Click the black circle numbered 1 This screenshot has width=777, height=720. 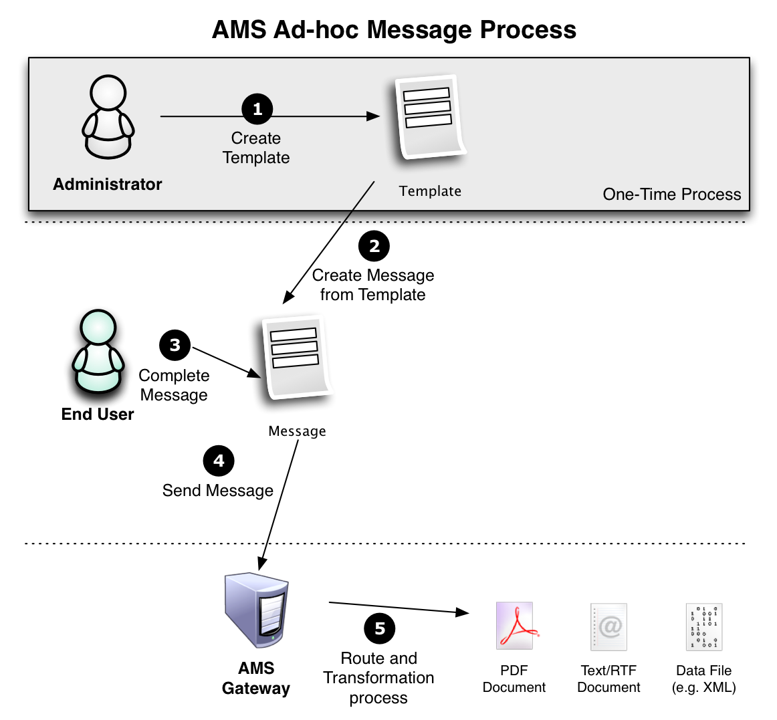coord(257,108)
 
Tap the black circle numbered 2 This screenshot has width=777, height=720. coord(374,246)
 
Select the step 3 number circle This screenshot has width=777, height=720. coord(175,345)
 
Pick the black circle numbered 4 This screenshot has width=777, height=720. coord(219,461)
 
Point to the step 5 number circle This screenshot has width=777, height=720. coord(380,628)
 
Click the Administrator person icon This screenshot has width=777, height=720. coord(108,117)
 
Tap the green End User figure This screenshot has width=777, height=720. coord(98,352)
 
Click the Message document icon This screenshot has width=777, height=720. coord(298,357)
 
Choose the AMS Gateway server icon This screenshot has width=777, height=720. coord(256,610)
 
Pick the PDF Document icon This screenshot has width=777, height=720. coord(515,626)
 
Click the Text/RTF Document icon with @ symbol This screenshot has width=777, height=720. coord(609,627)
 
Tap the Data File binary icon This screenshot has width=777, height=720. coord(704,627)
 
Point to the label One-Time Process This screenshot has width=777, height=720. coord(672,195)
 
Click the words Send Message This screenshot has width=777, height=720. coord(218,491)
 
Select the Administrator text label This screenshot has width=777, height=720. coord(108,185)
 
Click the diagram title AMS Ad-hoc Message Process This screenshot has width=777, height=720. coord(395,29)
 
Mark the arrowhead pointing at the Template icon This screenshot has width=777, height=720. coord(373,116)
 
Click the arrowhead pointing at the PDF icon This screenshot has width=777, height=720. coord(462,612)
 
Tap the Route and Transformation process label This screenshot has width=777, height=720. coord(379,678)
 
